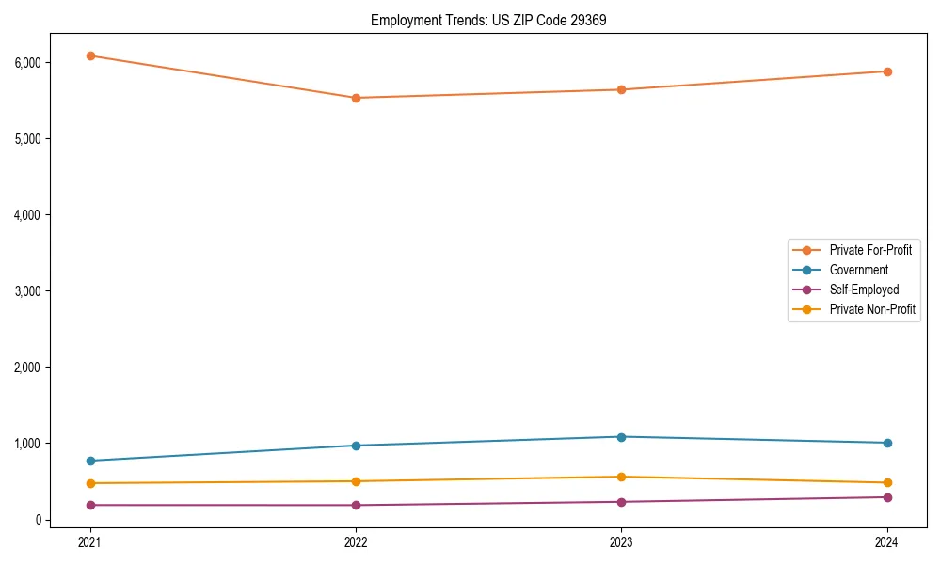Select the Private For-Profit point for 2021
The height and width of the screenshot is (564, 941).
(90, 55)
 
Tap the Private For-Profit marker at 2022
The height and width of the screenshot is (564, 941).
(356, 98)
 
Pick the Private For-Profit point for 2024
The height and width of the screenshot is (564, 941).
(887, 71)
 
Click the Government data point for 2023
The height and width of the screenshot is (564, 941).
(621, 437)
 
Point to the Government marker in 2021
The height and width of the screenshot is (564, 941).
(90, 461)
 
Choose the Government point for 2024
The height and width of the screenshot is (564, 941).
(887, 443)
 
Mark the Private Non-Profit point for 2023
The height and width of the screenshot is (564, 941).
(621, 477)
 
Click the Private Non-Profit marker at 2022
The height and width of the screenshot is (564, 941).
(356, 481)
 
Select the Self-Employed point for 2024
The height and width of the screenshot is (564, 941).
(887, 497)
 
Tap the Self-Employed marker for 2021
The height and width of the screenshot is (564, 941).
(90, 505)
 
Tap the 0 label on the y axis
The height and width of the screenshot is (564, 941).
(38, 520)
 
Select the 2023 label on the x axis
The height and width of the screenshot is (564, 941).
(621, 541)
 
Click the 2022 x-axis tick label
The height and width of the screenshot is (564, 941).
(356, 541)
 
